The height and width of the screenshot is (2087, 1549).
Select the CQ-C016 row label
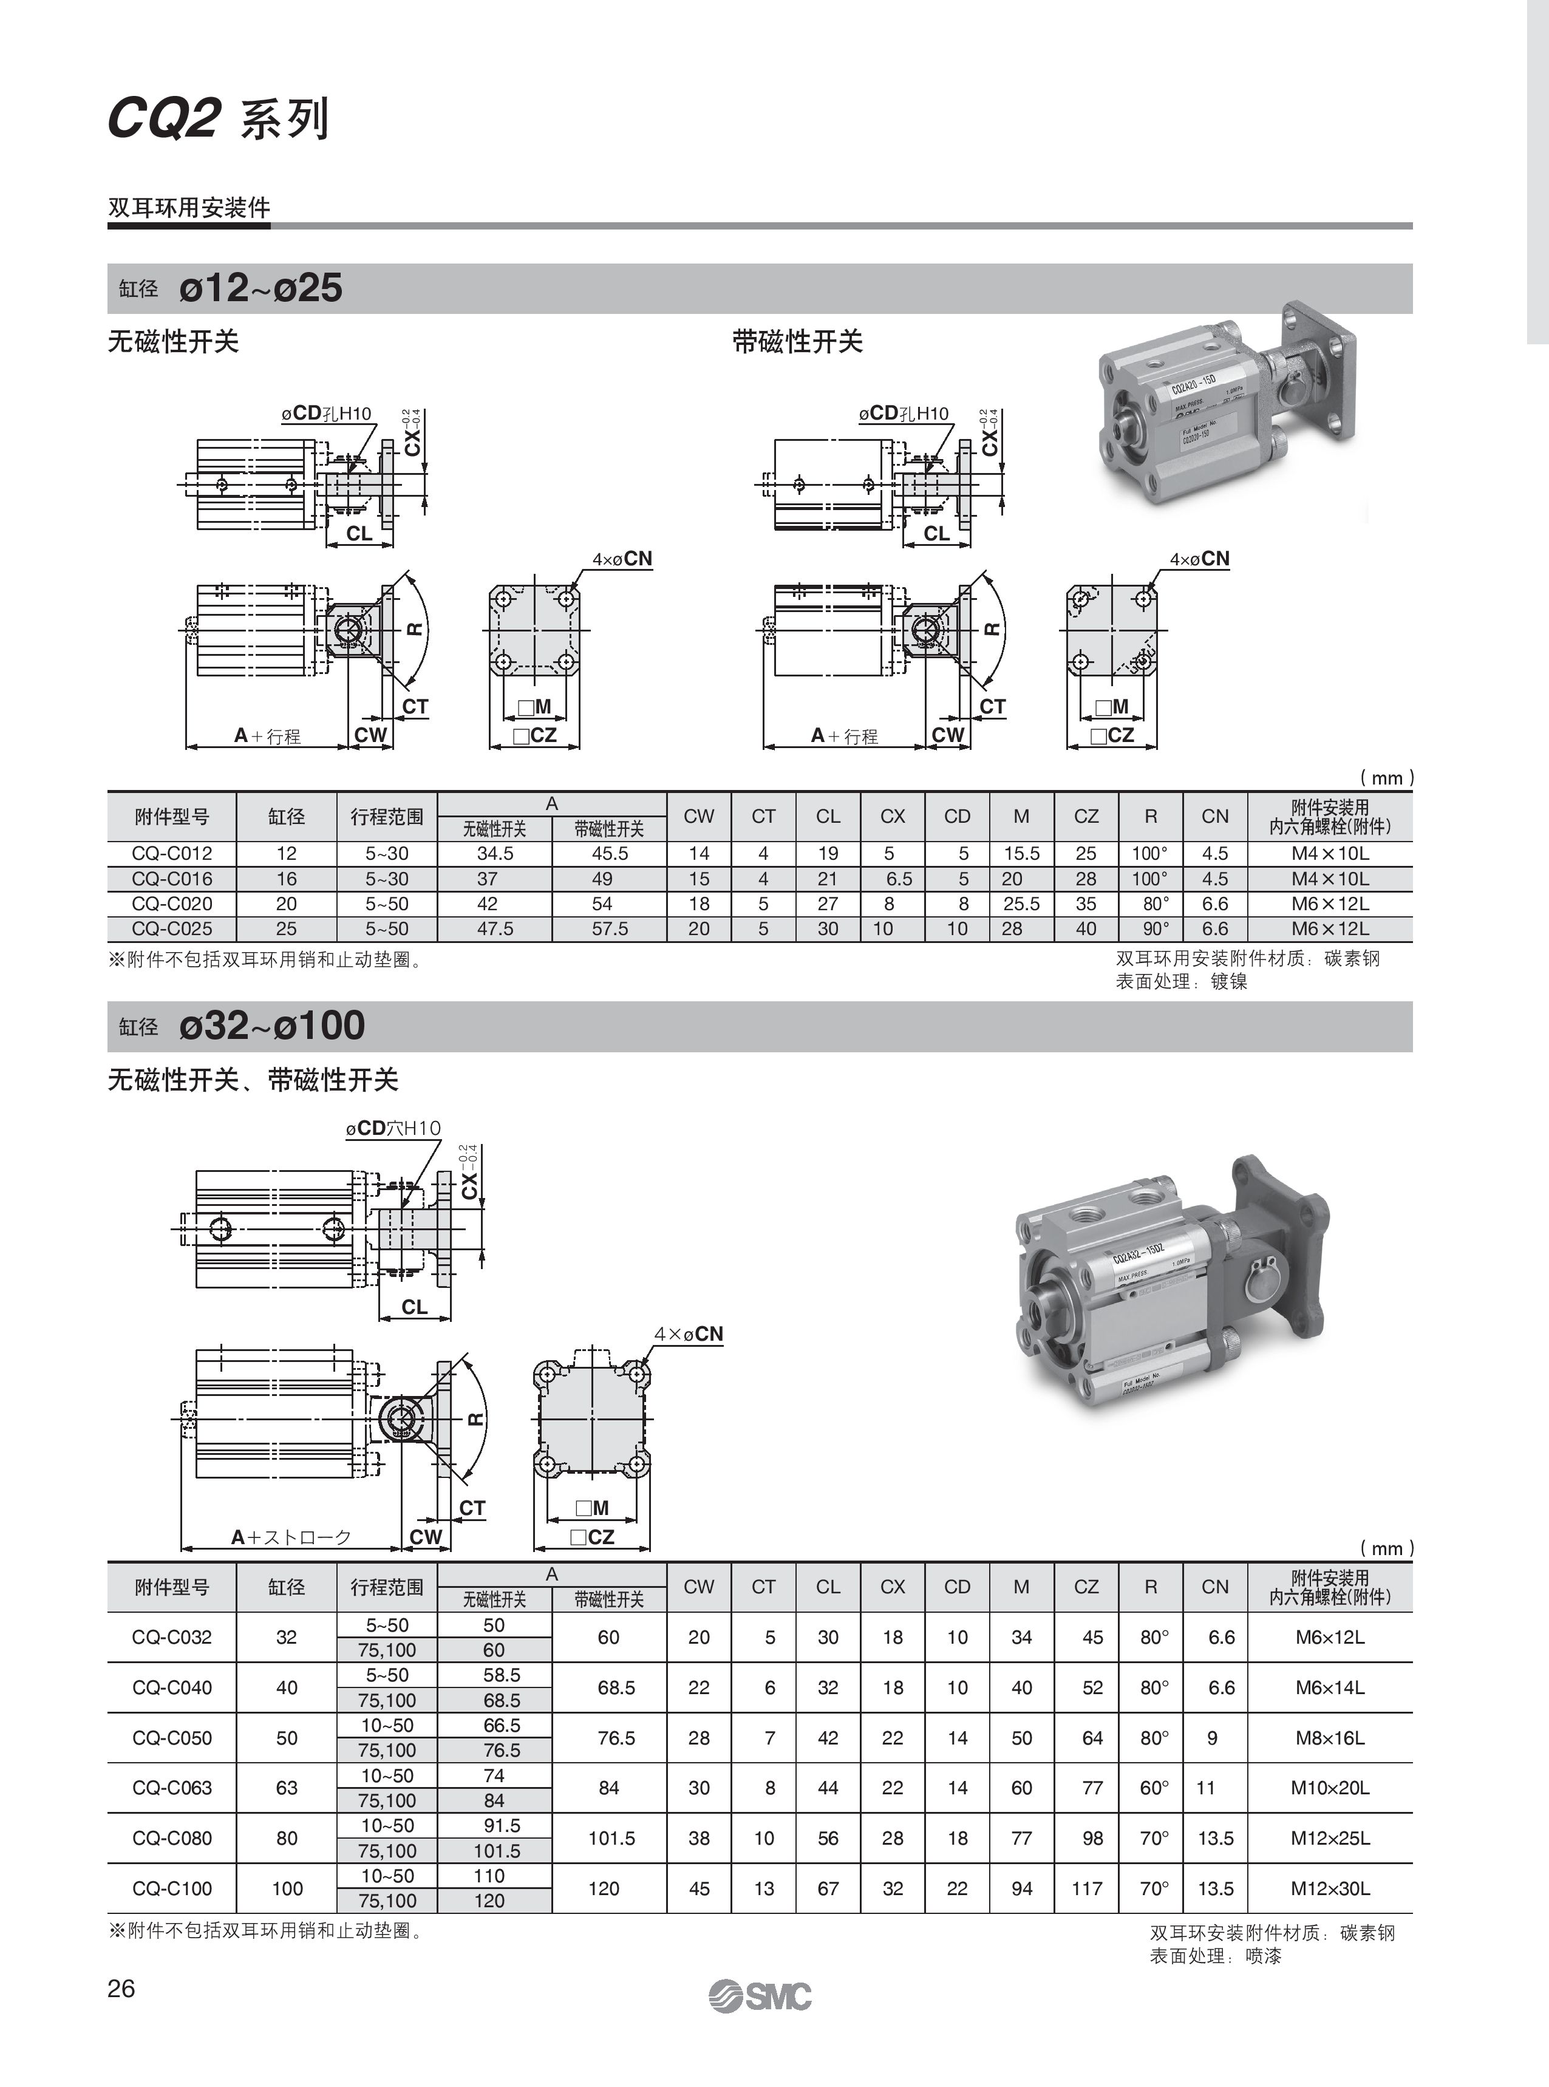click(172, 879)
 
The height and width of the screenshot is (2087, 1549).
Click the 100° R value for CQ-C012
click(1149, 853)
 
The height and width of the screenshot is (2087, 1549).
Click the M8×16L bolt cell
click(1330, 1737)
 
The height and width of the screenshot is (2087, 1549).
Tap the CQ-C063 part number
click(172, 1787)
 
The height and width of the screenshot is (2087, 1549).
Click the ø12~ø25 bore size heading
click(260, 288)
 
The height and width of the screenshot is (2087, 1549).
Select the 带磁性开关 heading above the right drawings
click(797, 341)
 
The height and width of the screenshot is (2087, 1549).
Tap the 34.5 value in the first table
click(494, 853)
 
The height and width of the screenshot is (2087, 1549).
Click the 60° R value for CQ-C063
click(1153, 1787)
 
